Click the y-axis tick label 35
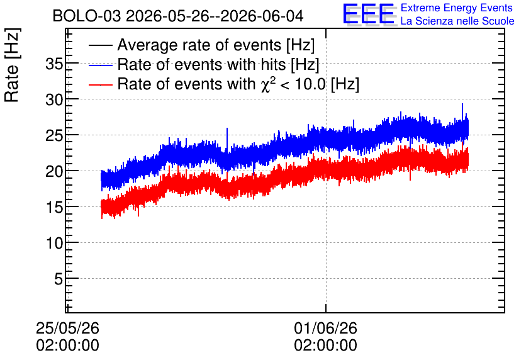point(54,64)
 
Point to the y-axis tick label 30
point(54,99)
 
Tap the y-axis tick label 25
point(54,135)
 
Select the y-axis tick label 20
point(54,171)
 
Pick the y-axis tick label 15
point(54,207)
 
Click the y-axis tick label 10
point(54,243)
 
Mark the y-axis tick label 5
point(59,279)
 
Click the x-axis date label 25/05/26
point(68,328)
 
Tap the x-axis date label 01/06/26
point(326,328)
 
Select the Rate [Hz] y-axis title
point(12,65)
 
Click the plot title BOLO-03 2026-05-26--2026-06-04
point(178,16)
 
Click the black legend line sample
point(100,45)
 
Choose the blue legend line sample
point(100,65)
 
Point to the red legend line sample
point(100,84)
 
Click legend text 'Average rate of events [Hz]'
point(216,45)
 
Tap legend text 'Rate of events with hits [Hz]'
point(218,64)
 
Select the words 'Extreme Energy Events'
point(457,8)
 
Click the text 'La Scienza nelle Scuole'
point(457,21)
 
